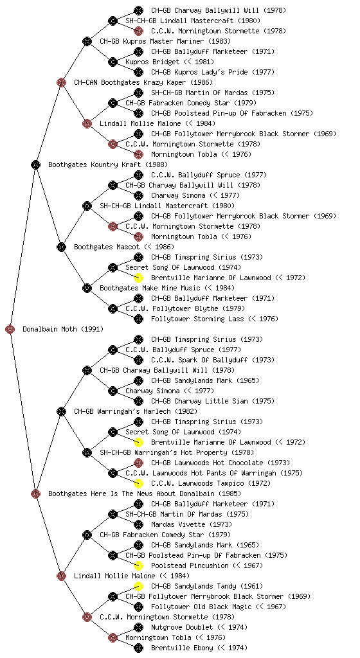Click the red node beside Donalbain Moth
click(10, 329)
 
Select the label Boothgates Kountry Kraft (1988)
click(108, 164)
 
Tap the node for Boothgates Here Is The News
click(35, 493)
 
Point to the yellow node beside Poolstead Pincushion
click(138, 565)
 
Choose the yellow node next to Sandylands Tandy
click(138, 586)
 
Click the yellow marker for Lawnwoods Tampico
click(138, 483)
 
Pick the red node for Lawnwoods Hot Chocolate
click(138, 463)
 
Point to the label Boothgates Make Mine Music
click(150, 288)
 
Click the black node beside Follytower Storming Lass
click(138, 319)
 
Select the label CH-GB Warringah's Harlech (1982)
click(136, 411)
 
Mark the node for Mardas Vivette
click(138, 524)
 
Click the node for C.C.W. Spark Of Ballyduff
click(138, 360)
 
